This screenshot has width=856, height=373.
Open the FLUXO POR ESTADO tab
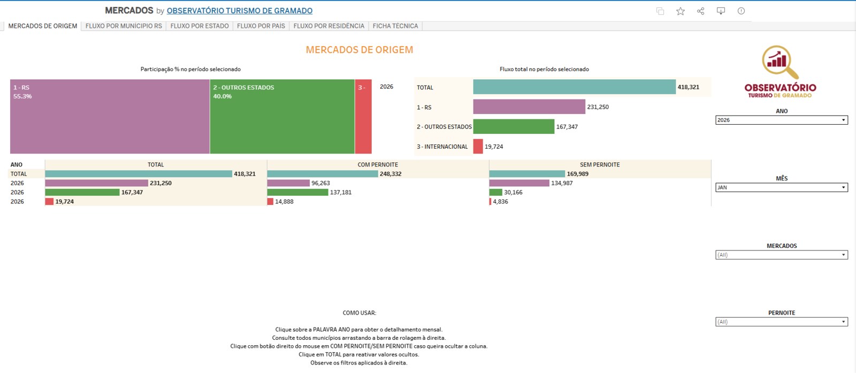(x=200, y=26)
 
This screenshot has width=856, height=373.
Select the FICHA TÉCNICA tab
(x=395, y=26)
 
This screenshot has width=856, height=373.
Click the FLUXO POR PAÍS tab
(x=261, y=26)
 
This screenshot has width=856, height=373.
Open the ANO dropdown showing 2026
(x=782, y=120)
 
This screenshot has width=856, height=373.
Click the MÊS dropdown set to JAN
(x=782, y=187)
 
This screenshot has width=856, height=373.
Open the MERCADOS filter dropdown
(x=782, y=255)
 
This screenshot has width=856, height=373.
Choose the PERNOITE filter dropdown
(x=782, y=322)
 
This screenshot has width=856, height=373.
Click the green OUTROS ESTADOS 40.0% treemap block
(x=282, y=117)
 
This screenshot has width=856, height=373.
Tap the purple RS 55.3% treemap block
(x=110, y=117)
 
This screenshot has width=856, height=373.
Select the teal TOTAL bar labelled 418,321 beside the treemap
(x=575, y=87)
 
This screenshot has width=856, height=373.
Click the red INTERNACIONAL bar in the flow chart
(x=478, y=147)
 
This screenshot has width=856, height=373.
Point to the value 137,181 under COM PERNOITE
(x=340, y=192)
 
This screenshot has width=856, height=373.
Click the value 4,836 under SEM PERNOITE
(x=500, y=201)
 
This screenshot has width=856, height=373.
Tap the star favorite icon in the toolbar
(x=680, y=11)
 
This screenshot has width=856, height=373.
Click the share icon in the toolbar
(x=700, y=11)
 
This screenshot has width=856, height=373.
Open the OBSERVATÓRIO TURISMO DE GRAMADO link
(x=240, y=11)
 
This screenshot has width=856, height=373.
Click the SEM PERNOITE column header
(x=600, y=165)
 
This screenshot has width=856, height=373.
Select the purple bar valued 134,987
(x=519, y=183)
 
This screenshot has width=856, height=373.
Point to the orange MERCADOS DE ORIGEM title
(x=360, y=50)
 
